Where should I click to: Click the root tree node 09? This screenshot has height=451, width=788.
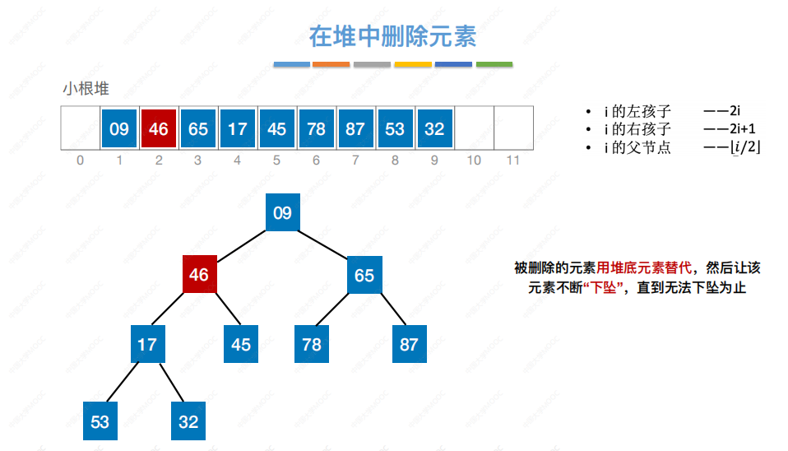point(282,214)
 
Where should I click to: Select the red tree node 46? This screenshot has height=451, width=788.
point(199,275)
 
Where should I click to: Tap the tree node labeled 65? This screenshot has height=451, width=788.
point(364,275)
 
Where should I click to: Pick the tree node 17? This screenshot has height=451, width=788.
point(147,344)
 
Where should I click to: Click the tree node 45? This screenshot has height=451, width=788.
point(241,344)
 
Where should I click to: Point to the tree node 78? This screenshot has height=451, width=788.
point(312,344)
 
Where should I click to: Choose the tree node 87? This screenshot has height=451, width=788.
point(409,344)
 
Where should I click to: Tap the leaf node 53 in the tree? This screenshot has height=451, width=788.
point(100,421)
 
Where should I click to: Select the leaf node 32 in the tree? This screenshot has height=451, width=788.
point(188,421)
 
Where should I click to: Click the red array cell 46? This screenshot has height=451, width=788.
point(159,129)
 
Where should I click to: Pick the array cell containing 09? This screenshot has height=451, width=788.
point(119,129)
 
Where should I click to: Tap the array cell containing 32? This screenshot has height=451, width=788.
point(434,129)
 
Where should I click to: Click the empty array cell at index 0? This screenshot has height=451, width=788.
point(81,129)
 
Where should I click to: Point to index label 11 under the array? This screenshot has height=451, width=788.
point(513,160)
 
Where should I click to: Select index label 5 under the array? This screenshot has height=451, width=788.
point(276,160)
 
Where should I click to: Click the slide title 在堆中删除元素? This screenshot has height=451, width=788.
point(392,37)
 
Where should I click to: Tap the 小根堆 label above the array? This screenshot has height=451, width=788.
point(86,89)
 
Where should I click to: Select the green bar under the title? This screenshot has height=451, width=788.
point(494,64)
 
